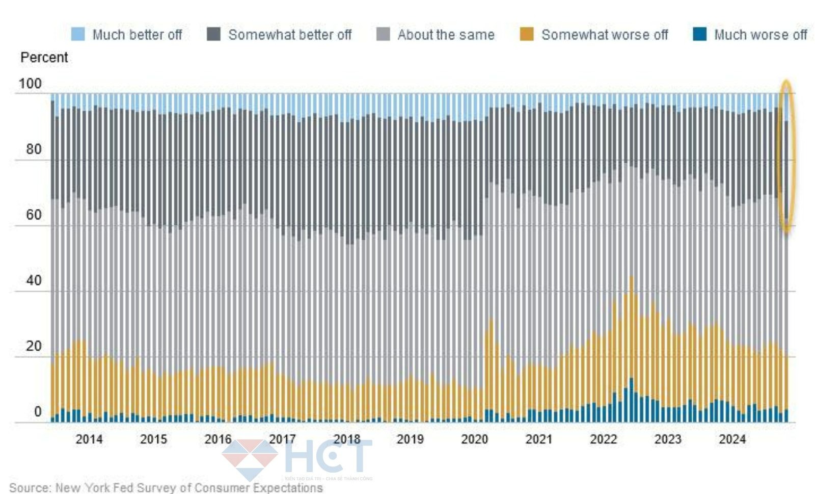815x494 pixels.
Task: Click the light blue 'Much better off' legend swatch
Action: (x=78, y=34)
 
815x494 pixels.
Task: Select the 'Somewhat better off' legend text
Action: (x=290, y=35)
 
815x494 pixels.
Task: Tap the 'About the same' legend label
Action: (x=446, y=35)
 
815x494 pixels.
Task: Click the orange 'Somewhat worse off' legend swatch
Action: (x=526, y=34)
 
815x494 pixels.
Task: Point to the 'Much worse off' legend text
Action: (x=760, y=35)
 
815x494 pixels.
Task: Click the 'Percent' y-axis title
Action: (x=44, y=57)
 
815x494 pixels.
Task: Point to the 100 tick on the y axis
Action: (x=30, y=84)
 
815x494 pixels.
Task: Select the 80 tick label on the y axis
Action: (x=34, y=149)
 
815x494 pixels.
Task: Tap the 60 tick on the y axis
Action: (x=34, y=215)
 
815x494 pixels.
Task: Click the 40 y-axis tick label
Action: (x=34, y=280)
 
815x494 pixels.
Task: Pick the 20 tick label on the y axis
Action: (x=34, y=346)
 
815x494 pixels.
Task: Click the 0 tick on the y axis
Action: (x=38, y=411)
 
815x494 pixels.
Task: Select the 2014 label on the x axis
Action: (x=89, y=439)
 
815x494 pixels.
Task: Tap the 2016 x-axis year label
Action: (x=218, y=439)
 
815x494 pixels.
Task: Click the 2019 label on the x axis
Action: (x=410, y=439)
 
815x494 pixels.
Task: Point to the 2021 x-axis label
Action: (x=538, y=439)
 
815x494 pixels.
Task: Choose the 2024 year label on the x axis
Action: (x=732, y=439)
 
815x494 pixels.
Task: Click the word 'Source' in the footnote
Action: (x=30, y=488)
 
